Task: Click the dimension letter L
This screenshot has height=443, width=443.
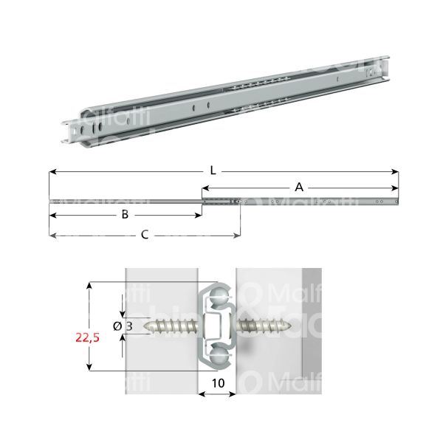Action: pos(213,171)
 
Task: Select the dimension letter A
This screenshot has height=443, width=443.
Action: pos(298,188)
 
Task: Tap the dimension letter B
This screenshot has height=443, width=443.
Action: pos(125,215)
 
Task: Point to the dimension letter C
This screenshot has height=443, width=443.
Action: pos(145,235)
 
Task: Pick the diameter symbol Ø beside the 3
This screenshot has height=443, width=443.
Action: pos(117,326)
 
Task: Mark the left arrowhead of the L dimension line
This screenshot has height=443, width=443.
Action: pos(52,172)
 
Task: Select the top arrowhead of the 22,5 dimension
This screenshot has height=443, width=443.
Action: pos(90,284)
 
